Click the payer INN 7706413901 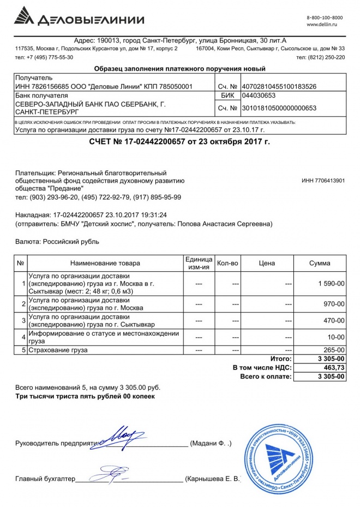click(x=323, y=181)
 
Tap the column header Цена click(x=267, y=263)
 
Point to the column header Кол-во click(x=227, y=263)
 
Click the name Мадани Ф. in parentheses click(x=211, y=444)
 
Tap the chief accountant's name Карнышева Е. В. click(x=213, y=479)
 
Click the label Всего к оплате click(x=266, y=377)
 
